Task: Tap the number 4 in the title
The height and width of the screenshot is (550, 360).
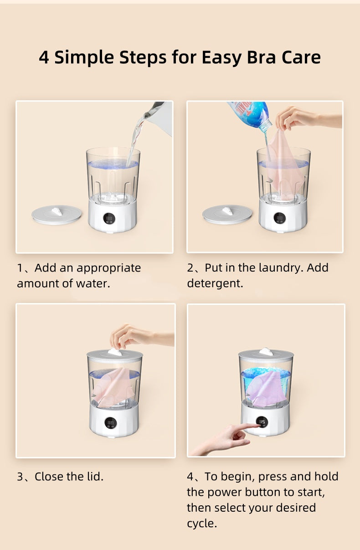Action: pos(44,58)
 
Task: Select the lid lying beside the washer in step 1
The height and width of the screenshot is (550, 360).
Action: pos(57,214)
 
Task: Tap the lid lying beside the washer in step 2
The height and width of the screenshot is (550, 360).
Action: pos(227,214)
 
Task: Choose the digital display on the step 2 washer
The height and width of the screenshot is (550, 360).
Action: pos(280,218)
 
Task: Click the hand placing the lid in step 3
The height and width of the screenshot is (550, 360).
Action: pos(137,336)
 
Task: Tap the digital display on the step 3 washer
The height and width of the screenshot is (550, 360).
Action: pos(111,422)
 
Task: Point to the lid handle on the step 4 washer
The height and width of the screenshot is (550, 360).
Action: pos(266,351)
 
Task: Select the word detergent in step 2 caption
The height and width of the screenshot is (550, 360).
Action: pos(215,283)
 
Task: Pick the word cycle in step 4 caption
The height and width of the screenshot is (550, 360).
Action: pos(201,524)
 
